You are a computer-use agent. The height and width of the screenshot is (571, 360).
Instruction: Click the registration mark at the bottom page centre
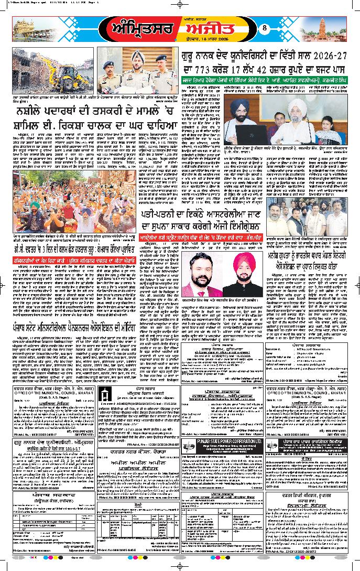[180, 567]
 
